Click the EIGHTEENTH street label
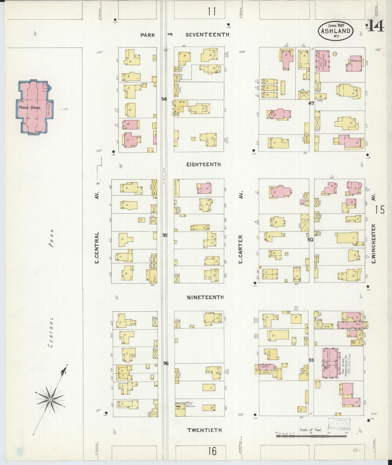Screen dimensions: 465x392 coord(203,164)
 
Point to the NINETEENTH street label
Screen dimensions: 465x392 coord(205,297)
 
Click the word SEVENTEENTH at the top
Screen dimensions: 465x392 coord(208,34)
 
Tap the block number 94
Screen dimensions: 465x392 coord(164,99)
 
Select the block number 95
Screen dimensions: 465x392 coord(165,235)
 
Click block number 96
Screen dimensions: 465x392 coord(166,363)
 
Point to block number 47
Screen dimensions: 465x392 coord(311,103)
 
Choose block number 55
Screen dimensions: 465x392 coord(311,360)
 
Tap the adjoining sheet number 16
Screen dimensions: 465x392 coord(212,451)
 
